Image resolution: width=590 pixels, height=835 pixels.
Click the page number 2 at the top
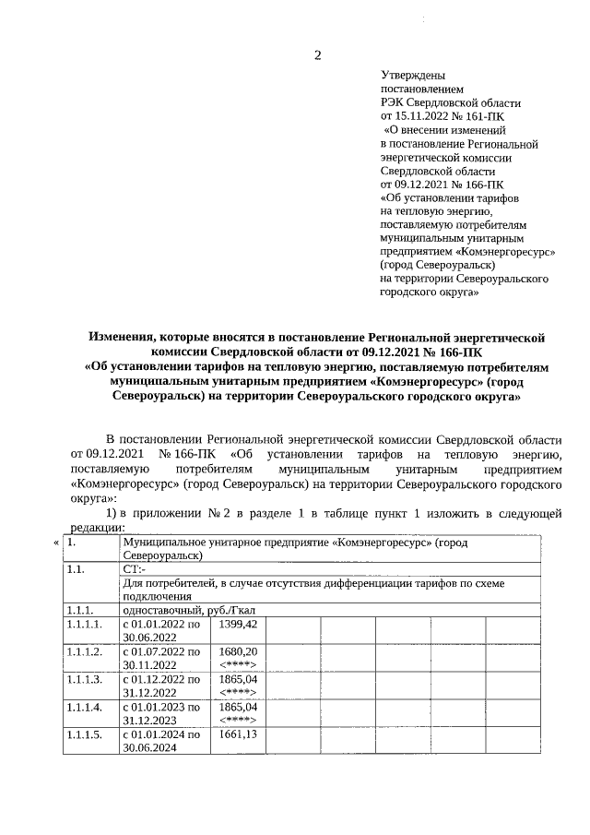pyautogui.click(x=318, y=54)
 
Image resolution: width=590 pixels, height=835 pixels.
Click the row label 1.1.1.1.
pyautogui.click(x=84, y=625)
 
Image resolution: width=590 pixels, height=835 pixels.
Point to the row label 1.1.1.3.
pyautogui.click(x=84, y=680)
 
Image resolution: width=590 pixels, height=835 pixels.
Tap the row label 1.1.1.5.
pyautogui.click(x=84, y=735)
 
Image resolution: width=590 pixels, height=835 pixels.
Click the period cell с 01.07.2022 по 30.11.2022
pyautogui.click(x=162, y=658)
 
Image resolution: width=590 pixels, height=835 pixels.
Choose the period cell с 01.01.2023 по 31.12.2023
pyautogui.click(x=162, y=713)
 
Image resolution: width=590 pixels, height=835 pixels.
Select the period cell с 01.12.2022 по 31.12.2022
pyautogui.click(x=162, y=686)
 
